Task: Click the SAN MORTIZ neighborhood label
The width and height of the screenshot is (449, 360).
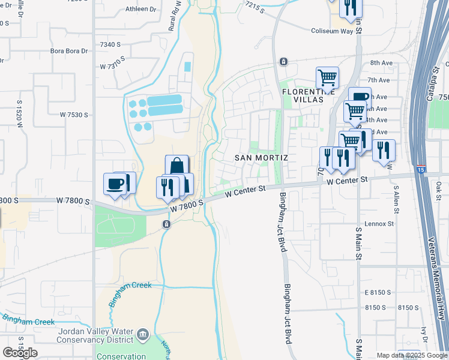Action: click(x=261, y=158)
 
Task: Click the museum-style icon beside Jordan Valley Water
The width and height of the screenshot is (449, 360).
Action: click(x=142, y=334)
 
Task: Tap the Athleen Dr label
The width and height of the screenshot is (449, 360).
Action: click(x=140, y=10)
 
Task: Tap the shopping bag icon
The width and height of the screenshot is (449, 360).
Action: click(x=176, y=166)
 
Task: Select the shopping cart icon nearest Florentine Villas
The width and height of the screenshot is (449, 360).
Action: click(x=327, y=77)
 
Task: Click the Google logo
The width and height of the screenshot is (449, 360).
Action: click(x=20, y=352)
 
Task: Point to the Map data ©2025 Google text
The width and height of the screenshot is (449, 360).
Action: click(x=411, y=355)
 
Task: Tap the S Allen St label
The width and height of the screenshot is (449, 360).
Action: click(x=396, y=197)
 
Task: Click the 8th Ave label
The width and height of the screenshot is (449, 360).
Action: click(x=380, y=62)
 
